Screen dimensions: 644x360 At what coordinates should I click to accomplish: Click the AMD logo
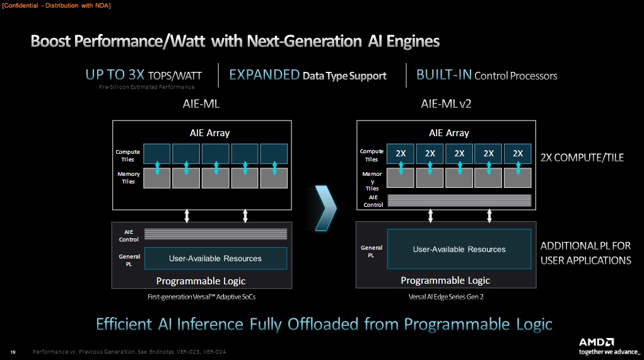[596, 342]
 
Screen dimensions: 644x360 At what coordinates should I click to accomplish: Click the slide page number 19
[13, 352]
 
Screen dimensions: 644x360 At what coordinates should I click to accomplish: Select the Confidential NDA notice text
[56, 6]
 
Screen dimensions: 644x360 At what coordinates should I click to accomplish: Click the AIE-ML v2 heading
[446, 103]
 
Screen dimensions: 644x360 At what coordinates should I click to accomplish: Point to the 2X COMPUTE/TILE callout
[582, 158]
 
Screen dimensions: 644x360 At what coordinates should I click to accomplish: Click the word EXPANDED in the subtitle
[264, 74]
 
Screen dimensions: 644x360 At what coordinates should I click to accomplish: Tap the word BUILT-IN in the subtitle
[444, 74]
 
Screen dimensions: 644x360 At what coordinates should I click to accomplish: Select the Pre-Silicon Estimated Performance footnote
[146, 87]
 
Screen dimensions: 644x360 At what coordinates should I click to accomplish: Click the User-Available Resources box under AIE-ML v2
[459, 249]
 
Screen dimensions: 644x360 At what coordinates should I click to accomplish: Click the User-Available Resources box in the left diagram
[216, 258]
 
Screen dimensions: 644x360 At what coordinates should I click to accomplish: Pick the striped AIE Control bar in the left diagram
[216, 234]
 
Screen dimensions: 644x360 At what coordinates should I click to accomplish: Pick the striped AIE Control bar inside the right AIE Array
[459, 200]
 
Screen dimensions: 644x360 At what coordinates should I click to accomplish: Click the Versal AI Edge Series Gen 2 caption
[446, 297]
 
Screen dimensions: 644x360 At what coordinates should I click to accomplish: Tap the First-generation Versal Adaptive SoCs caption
[202, 297]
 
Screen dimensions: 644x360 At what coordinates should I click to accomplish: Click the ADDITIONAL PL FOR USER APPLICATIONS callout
[586, 253]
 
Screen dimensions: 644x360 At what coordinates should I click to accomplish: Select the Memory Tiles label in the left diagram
[129, 178]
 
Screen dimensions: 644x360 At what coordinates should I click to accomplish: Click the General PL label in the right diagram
[372, 251]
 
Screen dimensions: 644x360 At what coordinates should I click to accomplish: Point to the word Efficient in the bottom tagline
[124, 324]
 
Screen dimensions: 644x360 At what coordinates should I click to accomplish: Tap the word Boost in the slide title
[50, 41]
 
